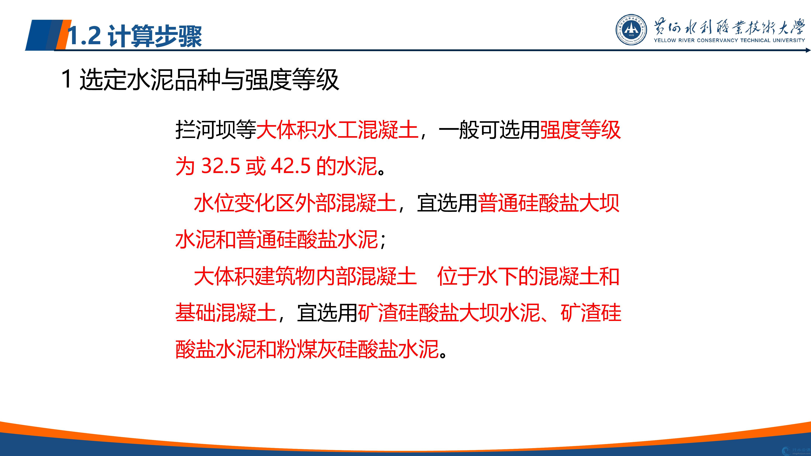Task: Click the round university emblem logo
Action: [631, 30]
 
